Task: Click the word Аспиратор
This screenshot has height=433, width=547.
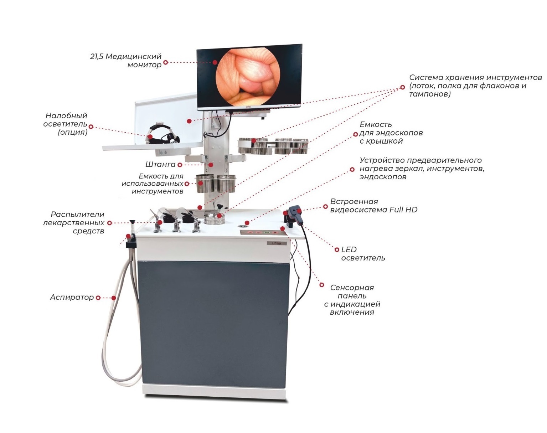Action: click(x=72, y=297)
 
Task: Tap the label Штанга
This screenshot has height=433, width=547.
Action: click(x=160, y=165)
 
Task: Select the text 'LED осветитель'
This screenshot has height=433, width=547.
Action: click(x=363, y=254)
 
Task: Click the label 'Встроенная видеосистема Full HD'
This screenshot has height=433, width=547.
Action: click(x=373, y=206)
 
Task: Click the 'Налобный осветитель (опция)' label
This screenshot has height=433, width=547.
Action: click(x=66, y=124)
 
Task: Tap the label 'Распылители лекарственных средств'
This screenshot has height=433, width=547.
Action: click(x=74, y=223)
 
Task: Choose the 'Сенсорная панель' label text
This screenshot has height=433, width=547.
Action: click(x=352, y=300)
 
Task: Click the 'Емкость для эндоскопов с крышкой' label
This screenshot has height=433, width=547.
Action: click(x=391, y=133)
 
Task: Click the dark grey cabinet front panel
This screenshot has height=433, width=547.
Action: click(x=213, y=323)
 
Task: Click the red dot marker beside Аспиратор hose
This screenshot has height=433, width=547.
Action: click(x=114, y=298)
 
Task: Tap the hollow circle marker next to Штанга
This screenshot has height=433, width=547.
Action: click(x=180, y=165)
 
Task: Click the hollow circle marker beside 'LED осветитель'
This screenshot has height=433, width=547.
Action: click(x=337, y=250)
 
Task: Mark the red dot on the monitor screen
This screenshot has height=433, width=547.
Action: click(x=215, y=62)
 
